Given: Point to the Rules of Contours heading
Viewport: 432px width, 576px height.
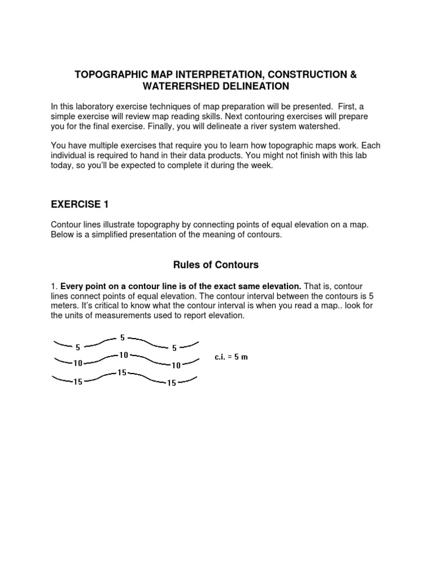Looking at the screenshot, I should pyautogui.click(x=216, y=264).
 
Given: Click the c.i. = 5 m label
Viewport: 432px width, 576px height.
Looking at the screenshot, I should pyautogui.click(x=231, y=358).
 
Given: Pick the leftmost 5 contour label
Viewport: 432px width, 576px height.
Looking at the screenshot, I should pyautogui.click(x=78, y=347).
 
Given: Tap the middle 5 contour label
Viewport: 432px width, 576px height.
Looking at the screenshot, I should pyautogui.click(x=123, y=337).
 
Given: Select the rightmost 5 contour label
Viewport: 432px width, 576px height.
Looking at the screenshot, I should pyautogui.click(x=174, y=348).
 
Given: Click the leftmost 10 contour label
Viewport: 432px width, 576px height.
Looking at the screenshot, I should pyautogui.click(x=78, y=363).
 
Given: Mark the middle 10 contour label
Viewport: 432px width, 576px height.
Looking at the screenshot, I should pyautogui.click(x=123, y=355).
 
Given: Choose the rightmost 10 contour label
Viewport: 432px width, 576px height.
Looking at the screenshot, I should pyautogui.click(x=176, y=365).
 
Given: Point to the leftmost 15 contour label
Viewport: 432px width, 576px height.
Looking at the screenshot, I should pyautogui.click(x=78, y=382).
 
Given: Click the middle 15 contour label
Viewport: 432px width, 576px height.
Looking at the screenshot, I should pyautogui.click(x=122, y=372).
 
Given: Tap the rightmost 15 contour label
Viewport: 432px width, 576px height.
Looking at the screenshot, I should pyautogui.click(x=171, y=383).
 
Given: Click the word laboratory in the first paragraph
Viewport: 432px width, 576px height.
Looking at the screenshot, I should pyautogui.click(x=98, y=106).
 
